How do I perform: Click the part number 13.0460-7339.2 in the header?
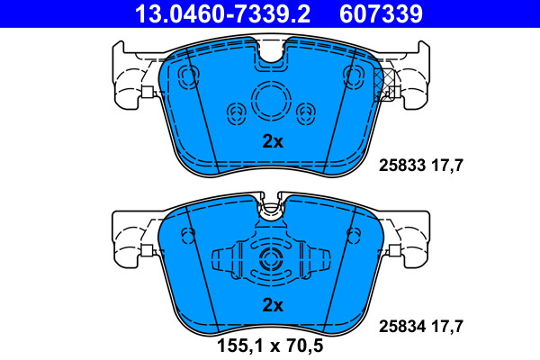222,13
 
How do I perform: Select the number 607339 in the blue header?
381,13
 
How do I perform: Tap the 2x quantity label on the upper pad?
273,141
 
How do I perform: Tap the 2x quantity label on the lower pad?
273,305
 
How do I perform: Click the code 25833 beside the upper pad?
402,166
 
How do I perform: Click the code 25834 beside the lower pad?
402,326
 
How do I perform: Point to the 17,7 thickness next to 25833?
447,166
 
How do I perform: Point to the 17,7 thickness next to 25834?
447,326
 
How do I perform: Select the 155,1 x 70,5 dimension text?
270,346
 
